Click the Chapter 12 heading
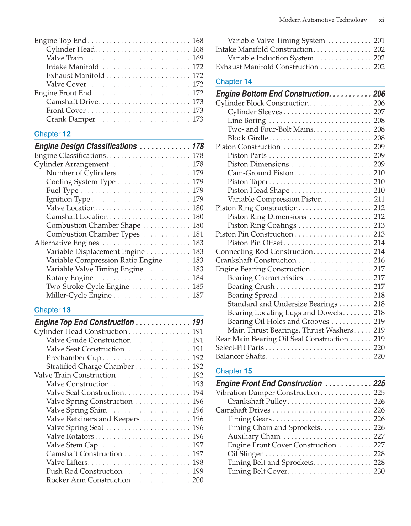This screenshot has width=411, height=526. (x=52, y=134)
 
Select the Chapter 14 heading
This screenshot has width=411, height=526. (x=234, y=81)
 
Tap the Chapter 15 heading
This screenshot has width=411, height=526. (x=234, y=371)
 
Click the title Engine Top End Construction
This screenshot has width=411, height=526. (x=84, y=322)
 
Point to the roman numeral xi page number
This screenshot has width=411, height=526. (x=381, y=20)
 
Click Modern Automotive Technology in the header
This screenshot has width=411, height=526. (x=322, y=20)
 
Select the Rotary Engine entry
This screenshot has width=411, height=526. (x=70, y=278)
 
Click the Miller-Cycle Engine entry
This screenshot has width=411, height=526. (x=79, y=295)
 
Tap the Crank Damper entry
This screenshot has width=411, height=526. (x=71, y=119)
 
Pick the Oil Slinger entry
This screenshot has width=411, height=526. (x=245, y=454)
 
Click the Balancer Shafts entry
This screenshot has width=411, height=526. (x=240, y=356)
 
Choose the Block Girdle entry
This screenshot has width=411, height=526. (x=248, y=138)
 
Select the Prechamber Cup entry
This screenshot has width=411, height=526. (x=74, y=358)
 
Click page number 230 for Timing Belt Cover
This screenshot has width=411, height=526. (x=379, y=471)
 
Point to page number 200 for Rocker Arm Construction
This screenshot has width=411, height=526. (x=198, y=480)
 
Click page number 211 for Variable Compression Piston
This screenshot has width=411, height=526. (x=379, y=199)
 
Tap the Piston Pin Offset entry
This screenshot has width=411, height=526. (x=255, y=243)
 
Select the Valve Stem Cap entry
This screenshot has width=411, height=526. (x=72, y=445)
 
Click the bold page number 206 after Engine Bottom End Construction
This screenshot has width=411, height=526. (x=379, y=94)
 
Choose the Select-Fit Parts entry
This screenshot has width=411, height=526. (x=240, y=348)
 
